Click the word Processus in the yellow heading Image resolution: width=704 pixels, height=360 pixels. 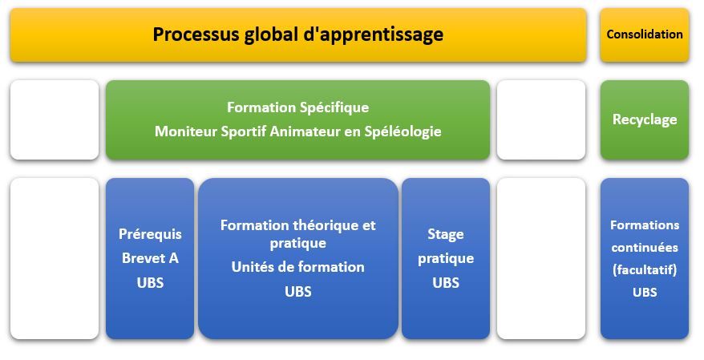point(196,34)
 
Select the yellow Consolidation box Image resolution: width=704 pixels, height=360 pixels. point(645,34)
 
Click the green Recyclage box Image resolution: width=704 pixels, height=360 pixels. point(645,119)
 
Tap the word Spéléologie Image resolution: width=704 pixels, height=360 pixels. point(403,132)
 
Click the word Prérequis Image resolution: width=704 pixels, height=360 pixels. point(150,234)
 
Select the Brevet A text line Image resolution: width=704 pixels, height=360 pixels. point(150,258)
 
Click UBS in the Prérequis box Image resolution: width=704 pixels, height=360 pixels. point(150,283)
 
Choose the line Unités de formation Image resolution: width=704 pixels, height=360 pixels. point(297,267)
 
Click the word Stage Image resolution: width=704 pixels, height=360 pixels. point(445,234)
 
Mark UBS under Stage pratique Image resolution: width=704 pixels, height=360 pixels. point(445,283)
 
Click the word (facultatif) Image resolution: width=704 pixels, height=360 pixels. point(645,269)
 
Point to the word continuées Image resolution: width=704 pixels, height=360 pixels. point(645,247)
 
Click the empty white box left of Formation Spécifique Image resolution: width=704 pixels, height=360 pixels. point(55,119)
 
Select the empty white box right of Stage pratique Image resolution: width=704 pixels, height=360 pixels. point(541,258)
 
